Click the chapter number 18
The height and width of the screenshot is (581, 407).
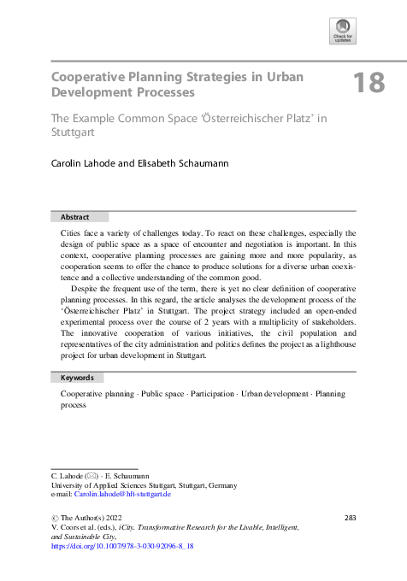(369, 84)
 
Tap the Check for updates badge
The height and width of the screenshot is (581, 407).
(342, 32)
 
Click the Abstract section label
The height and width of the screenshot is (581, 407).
(74, 217)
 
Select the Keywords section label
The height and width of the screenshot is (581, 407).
(77, 377)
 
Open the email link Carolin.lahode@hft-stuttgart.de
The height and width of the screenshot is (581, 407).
(122, 494)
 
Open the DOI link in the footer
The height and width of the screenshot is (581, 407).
(123, 545)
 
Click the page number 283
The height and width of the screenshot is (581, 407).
(349, 518)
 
